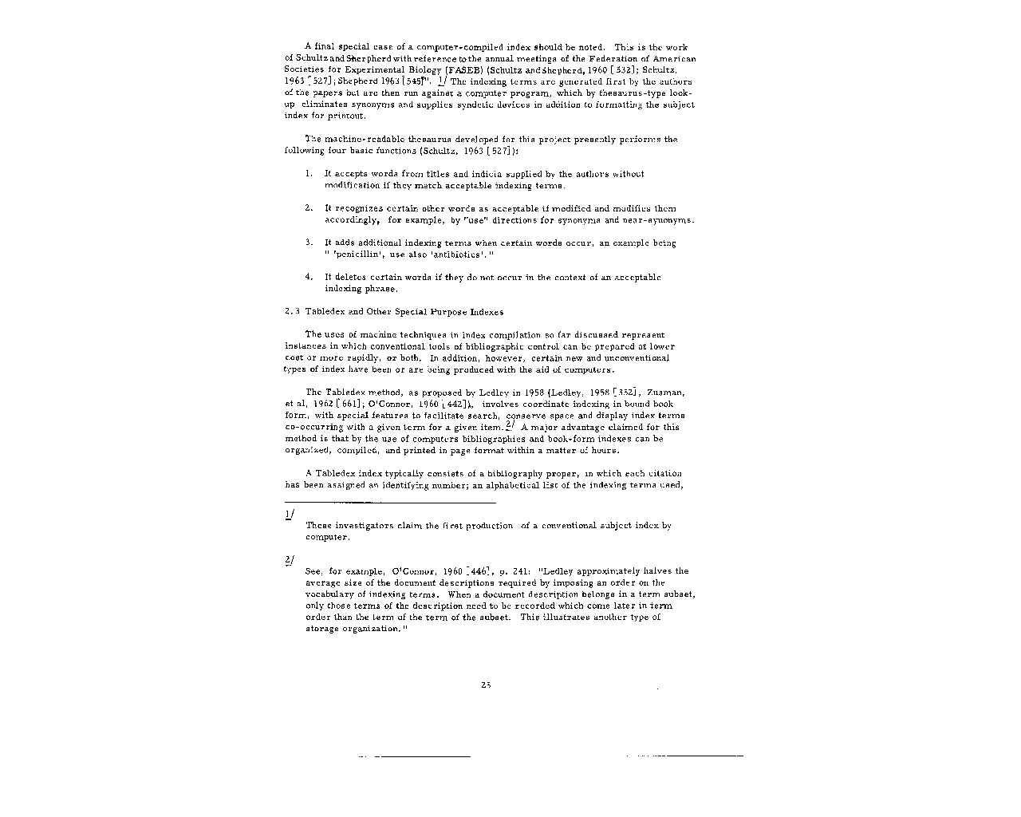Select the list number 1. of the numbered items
coord(308,174)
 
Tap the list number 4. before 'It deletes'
coord(308,277)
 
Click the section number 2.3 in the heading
coord(291,312)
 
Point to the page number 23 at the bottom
coord(486,684)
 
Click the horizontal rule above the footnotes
coord(390,503)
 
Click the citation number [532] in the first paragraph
coord(623,69)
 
